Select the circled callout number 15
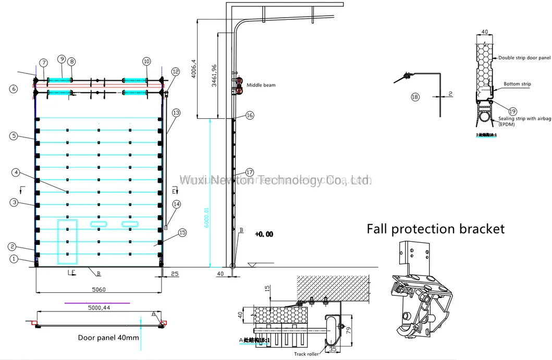(182, 232)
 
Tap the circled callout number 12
(175, 71)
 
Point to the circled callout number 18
(415, 97)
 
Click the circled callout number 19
(512, 110)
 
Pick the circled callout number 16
(250, 116)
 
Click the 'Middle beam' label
(261, 85)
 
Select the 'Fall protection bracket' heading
(435, 229)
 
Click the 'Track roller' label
(305, 354)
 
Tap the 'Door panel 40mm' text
(108, 338)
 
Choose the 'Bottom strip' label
(517, 83)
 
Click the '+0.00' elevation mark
(264, 234)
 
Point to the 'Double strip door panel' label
(524, 57)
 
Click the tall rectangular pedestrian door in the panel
(67, 240)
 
